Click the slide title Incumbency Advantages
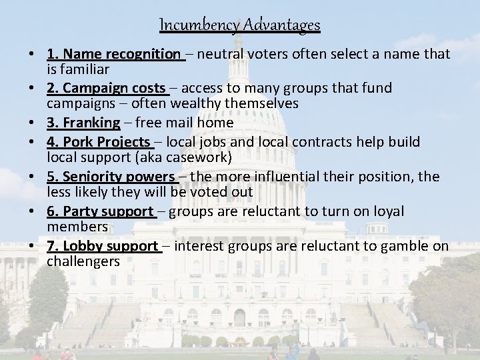point(240,25)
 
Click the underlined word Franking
point(92,123)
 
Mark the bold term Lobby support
point(109,246)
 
